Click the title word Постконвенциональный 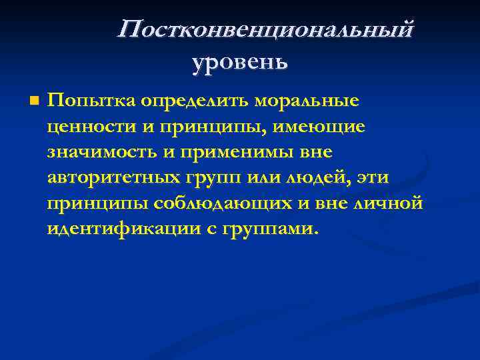[265, 30]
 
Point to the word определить [198, 101]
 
